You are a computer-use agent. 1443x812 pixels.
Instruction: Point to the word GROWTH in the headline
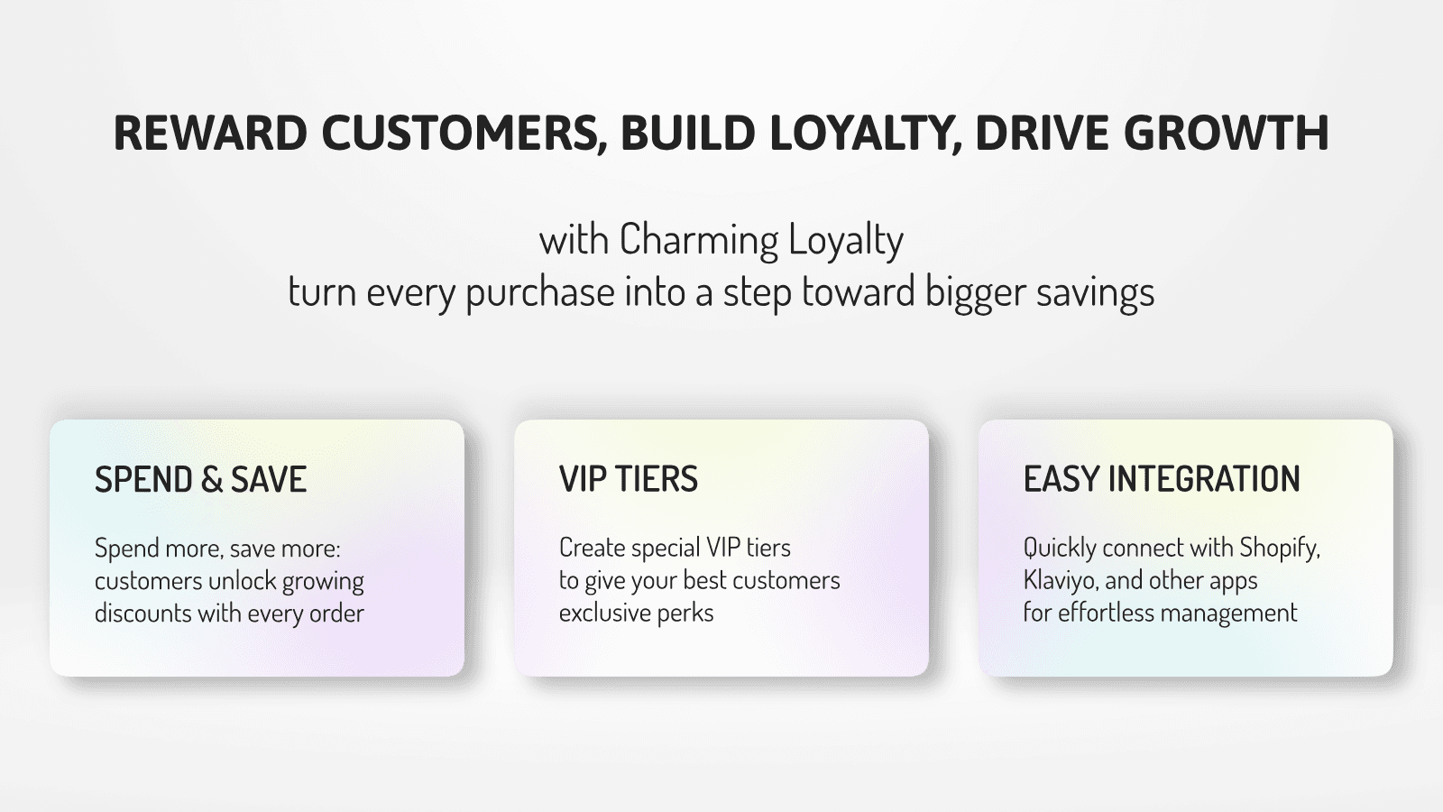1227,134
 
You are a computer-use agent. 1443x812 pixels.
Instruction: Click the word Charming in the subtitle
699,241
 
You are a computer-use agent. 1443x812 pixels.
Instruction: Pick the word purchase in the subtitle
540,293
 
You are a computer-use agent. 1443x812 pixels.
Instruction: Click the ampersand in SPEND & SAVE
212,480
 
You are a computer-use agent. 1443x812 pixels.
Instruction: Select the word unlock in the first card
242,581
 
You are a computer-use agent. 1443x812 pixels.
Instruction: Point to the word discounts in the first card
143,614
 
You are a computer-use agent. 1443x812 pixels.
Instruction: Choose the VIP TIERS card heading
629,480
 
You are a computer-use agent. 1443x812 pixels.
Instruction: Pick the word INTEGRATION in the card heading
1204,480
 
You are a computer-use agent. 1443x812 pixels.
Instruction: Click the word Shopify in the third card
1279,549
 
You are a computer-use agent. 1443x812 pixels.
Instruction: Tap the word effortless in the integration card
1106,614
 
